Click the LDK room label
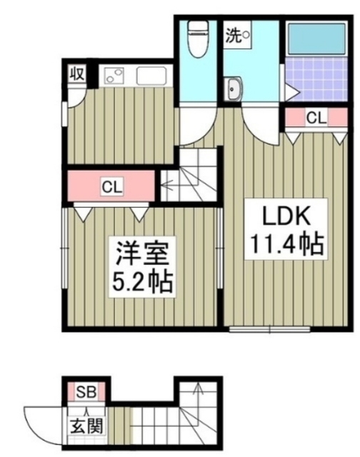click(281, 215)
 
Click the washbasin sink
click(234, 90)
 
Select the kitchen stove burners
click(115, 74)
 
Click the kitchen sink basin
click(151, 75)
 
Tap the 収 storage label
click(76, 74)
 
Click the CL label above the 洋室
click(111, 187)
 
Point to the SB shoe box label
click(86, 391)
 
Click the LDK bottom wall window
click(269, 329)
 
